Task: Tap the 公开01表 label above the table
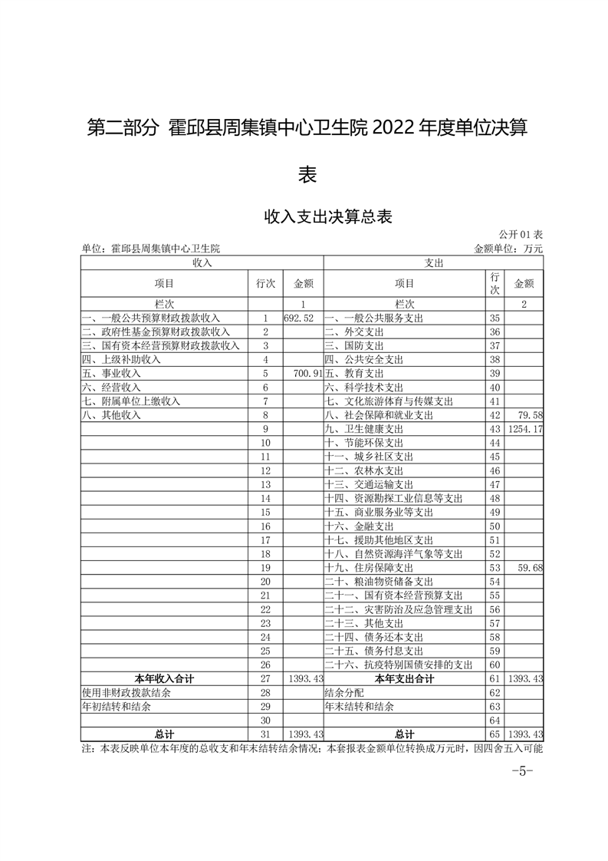pos(521,234)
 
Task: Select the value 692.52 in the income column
pos(299,318)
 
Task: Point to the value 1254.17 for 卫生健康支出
pos(525,428)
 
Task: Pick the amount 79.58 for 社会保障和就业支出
pos(530,414)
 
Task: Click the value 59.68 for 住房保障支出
pos(530,568)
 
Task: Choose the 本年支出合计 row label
pos(404,678)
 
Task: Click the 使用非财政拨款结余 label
pos(127,692)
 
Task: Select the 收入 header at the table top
pos(202,262)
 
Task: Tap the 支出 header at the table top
pos(433,262)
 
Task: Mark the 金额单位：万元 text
pos(508,249)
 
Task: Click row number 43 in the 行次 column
pos(494,428)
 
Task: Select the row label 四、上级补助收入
pos(122,359)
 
